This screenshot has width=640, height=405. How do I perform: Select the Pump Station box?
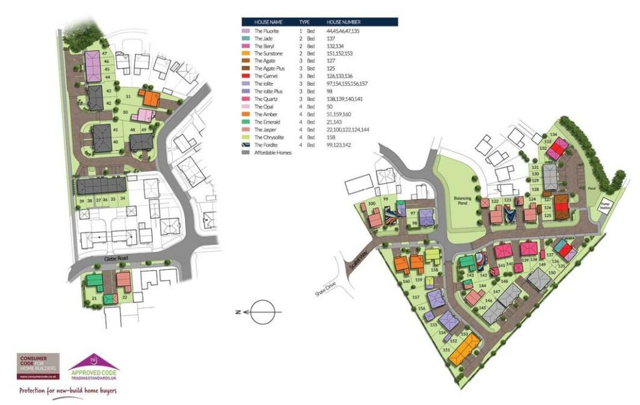point(605,206)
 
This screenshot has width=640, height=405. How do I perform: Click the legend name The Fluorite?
point(268,31)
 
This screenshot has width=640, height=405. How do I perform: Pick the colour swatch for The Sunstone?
point(246,61)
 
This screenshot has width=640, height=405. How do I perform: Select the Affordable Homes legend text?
point(274,152)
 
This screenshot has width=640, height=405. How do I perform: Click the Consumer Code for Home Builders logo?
point(39,366)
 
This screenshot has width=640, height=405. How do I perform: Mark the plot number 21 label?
point(94,299)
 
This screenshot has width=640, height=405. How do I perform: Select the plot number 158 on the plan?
point(434,270)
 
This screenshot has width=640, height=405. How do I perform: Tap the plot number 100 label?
point(372,204)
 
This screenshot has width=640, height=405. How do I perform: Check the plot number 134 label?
point(552,135)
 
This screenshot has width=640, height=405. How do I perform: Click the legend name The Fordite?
point(267,145)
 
